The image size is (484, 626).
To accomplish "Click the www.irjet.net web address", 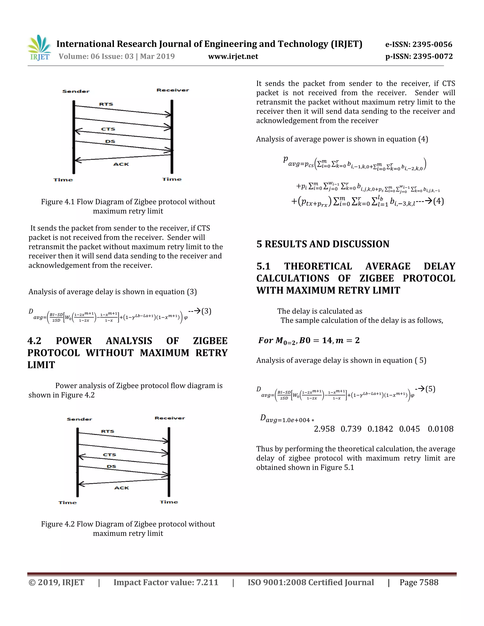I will (233, 56).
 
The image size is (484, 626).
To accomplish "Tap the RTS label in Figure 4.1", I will (106, 104).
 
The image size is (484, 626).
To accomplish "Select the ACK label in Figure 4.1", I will (121, 164).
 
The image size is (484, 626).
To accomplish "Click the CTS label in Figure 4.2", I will (109, 454).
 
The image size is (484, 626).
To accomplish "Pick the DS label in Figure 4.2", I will (111, 466).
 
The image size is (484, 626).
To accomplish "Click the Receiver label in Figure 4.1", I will (173, 90).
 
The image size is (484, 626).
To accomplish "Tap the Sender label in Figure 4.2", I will (79, 419).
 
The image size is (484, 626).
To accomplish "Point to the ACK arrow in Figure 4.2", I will (123, 481).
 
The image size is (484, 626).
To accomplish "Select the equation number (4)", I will (438, 201).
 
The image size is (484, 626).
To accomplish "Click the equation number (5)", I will (430, 389).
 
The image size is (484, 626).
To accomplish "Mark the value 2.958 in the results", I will (324, 429).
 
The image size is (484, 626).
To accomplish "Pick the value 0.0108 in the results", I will (441, 429).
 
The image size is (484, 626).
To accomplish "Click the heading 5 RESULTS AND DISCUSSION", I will (323, 244).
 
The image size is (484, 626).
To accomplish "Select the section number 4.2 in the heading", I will (35, 341).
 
